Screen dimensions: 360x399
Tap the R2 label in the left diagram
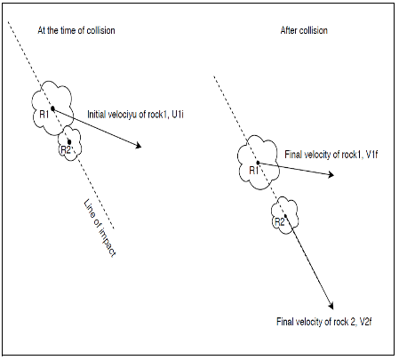pos(64,149)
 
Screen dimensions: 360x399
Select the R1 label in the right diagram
pos(254,169)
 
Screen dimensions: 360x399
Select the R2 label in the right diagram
pos(278,220)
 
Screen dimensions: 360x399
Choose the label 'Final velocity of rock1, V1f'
pos(333,154)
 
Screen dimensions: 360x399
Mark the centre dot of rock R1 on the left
pos(52,108)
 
